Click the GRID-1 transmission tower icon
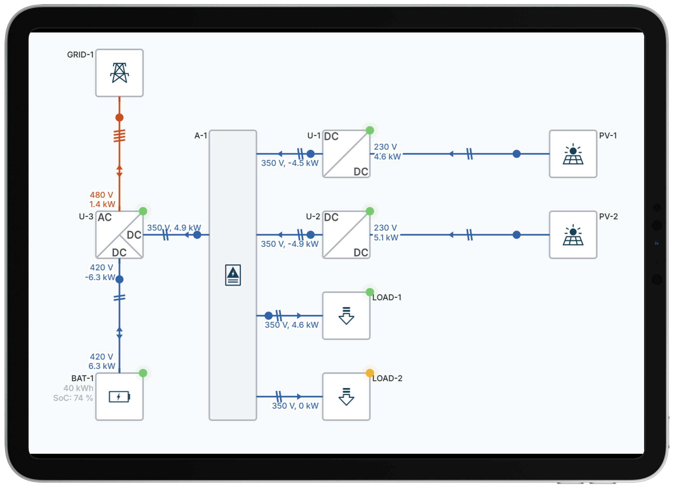coord(119,73)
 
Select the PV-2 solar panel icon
coord(573,235)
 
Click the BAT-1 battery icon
coord(119,397)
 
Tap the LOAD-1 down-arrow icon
coord(346,316)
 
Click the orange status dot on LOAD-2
coord(370,373)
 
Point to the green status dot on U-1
coord(370,130)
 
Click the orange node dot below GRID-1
coord(119,117)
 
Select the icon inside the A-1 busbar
coord(233,275)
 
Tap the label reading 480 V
coord(102,195)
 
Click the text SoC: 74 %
coord(73,398)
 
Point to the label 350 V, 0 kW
coord(295,406)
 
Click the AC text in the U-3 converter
coord(105,217)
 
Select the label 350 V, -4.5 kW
coord(290,163)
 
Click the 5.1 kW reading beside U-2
coord(386,238)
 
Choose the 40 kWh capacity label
coord(78,388)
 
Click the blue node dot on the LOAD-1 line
coord(268,316)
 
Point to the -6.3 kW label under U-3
coord(100,277)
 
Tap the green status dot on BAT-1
coord(143,373)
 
